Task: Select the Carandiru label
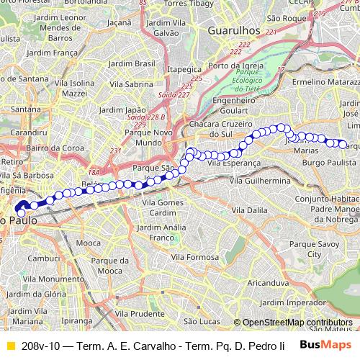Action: click(x=29, y=133)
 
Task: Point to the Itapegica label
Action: click(x=183, y=69)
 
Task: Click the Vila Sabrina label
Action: click(x=130, y=84)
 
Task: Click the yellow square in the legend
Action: click(x=9, y=346)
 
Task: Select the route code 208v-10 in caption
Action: click(x=40, y=346)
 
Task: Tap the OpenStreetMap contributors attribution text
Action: click(x=297, y=323)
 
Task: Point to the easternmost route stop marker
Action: click(x=342, y=143)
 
